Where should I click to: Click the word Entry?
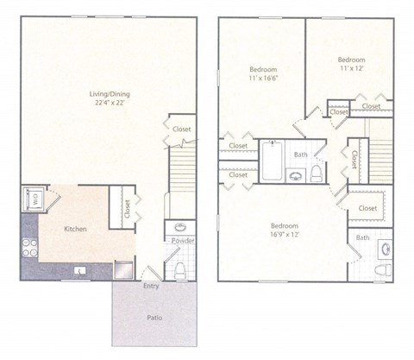150,285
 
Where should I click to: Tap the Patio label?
154,318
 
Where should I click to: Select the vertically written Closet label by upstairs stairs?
354,161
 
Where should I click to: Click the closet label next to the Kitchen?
127,210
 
